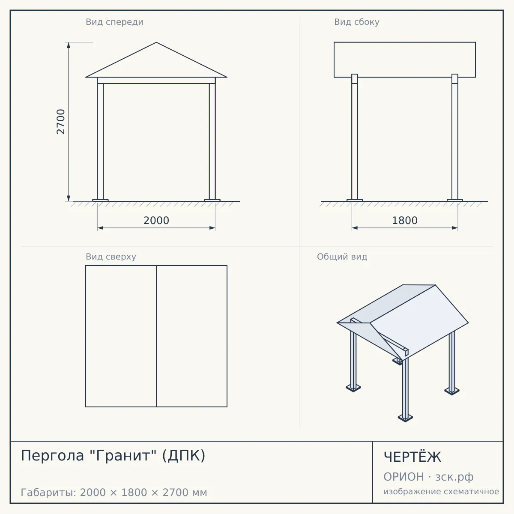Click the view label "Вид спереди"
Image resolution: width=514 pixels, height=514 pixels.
click(x=114, y=22)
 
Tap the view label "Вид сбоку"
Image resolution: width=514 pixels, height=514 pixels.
click(x=357, y=22)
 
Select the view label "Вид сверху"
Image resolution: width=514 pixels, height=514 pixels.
click(x=111, y=257)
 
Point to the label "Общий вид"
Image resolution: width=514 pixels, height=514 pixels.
click(x=342, y=257)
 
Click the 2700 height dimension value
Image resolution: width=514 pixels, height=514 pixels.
click(x=61, y=122)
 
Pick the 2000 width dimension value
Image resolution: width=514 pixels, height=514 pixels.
click(x=156, y=221)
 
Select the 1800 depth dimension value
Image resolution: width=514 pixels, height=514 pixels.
click(x=405, y=221)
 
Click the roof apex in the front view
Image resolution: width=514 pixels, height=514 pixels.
click(x=156, y=42)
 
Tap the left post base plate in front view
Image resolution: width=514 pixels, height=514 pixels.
click(x=100, y=200)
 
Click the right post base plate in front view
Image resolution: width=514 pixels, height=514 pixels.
click(x=212, y=200)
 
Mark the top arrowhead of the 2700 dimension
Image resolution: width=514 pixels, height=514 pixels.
click(x=69, y=45)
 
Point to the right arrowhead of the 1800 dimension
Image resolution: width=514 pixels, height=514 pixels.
click(x=455, y=228)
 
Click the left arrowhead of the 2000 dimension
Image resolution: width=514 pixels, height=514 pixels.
click(x=100, y=228)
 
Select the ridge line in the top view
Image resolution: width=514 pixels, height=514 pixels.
click(x=156, y=336)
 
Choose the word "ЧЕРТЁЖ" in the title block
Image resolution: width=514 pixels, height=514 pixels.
click(x=412, y=457)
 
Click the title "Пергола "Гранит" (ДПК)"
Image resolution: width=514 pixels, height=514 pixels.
click(x=113, y=455)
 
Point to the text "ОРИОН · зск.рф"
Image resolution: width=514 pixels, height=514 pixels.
click(x=428, y=477)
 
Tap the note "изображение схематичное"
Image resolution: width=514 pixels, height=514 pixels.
click(x=441, y=491)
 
